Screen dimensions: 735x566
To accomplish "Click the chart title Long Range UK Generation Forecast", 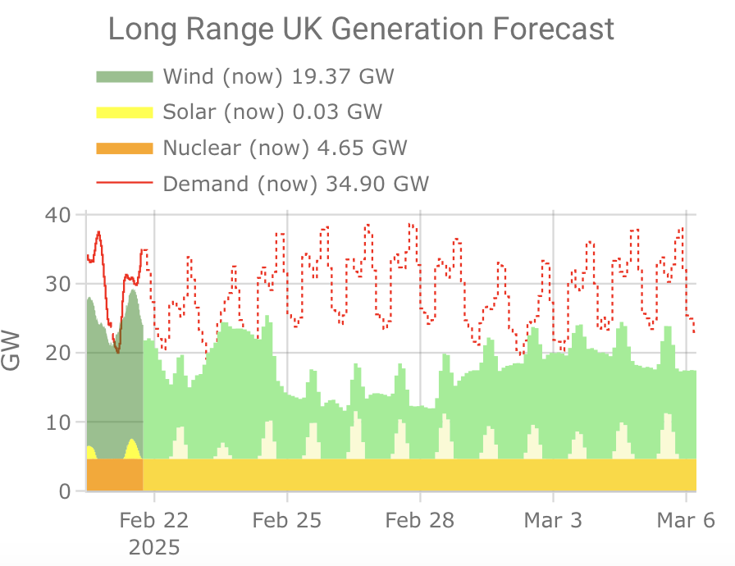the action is (x=361, y=29).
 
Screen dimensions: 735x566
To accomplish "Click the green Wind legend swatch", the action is (x=125, y=77).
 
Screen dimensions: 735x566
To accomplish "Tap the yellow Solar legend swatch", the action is (x=125, y=112).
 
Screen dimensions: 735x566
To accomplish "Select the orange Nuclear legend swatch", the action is (x=125, y=148).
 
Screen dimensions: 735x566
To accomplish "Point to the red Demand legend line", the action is (x=125, y=183).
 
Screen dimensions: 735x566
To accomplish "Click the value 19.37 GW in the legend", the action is (x=343, y=76).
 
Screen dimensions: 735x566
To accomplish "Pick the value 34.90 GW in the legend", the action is (x=377, y=184).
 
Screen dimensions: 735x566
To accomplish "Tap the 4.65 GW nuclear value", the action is (x=362, y=148).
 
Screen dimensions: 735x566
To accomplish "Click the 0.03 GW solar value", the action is (x=337, y=112).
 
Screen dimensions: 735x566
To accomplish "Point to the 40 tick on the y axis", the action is (x=58, y=215).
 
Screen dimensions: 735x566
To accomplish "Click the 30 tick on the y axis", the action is (x=58, y=284).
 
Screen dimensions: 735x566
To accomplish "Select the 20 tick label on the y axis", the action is (x=58, y=353).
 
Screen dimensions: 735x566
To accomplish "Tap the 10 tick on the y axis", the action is (x=58, y=422).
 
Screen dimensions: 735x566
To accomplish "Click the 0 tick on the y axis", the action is (x=65, y=491).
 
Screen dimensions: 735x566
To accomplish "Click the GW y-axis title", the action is (x=11, y=350).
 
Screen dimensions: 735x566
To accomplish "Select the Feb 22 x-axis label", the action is (x=153, y=521).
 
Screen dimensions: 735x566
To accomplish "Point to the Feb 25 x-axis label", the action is (x=287, y=521).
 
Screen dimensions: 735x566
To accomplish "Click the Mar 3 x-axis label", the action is (x=553, y=521).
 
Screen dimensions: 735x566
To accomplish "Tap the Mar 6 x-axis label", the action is (x=686, y=521).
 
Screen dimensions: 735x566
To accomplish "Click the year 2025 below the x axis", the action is (x=154, y=548).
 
